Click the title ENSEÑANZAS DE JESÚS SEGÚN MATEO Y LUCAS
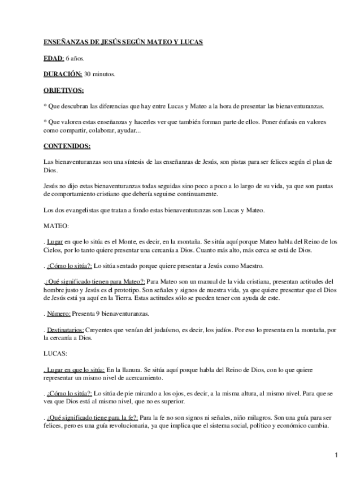tap(123, 42)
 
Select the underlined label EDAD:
tap(54, 58)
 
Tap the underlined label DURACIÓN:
tap(63, 74)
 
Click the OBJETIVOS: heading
tap(63, 90)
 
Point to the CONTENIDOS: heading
tap(67, 146)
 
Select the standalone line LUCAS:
tap(55, 354)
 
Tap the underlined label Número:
tap(59, 313)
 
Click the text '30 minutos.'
tap(100, 74)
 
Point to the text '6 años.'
tap(75, 58)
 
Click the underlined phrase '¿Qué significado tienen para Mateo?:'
tap(96, 281)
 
